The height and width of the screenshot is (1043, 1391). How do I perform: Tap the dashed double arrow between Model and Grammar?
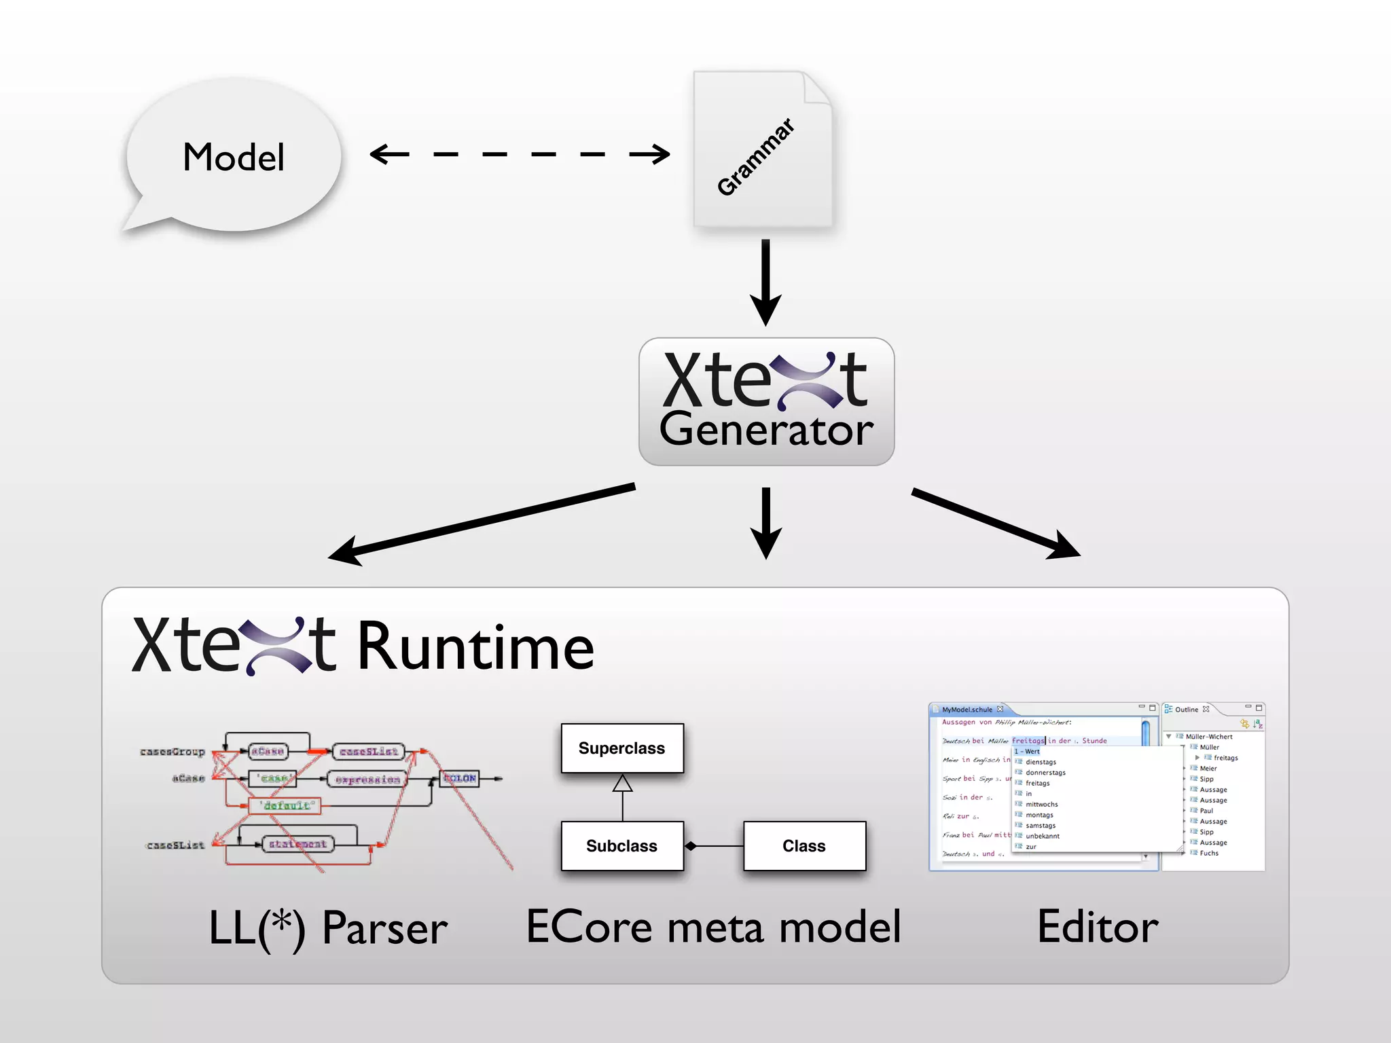[x=520, y=154]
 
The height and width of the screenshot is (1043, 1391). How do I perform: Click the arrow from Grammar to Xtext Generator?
[x=765, y=281]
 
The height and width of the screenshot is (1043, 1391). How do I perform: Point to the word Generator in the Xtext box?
[x=766, y=430]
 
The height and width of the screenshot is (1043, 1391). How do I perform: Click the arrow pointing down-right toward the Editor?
[x=995, y=523]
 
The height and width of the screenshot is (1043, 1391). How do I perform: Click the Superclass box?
[x=621, y=748]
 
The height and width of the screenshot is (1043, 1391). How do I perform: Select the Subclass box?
[x=621, y=846]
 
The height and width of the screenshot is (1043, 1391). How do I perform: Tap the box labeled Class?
[x=804, y=846]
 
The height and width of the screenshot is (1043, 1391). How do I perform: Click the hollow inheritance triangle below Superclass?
[x=622, y=784]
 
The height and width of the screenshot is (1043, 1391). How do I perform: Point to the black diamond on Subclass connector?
[x=691, y=846]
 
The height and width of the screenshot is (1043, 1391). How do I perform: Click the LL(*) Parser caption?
[x=328, y=928]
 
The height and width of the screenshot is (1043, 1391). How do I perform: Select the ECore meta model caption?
[x=713, y=927]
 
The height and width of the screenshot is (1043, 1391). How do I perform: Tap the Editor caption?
[x=1098, y=927]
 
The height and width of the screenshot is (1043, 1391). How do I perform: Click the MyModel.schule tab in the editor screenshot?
[x=967, y=710]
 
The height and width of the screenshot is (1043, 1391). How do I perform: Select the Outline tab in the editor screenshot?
[x=1187, y=710]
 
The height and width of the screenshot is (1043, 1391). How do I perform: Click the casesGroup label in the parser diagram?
[x=173, y=752]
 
